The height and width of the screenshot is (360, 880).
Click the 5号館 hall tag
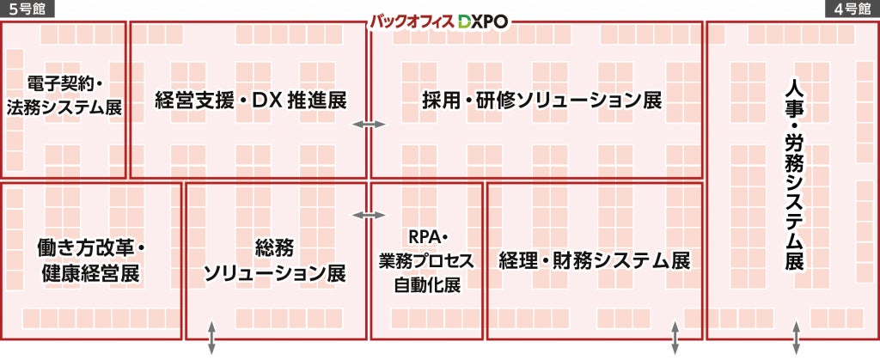(27, 9)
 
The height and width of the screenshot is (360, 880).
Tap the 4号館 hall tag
(852, 9)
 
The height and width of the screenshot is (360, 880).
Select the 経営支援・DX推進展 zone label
(251, 100)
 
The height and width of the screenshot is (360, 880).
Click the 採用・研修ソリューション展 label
(542, 100)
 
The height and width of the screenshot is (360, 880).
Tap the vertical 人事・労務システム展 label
(795, 175)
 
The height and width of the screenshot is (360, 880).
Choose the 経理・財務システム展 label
(595, 260)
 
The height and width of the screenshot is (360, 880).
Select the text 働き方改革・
(90, 247)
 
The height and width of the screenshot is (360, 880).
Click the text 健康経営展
(90, 274)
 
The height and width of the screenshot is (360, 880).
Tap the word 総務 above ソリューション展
(275, 247)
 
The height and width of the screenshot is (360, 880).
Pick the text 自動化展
(427, 285)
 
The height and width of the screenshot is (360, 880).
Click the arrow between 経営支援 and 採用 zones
(369, 125)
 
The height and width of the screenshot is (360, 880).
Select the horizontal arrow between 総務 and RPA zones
(369, 214)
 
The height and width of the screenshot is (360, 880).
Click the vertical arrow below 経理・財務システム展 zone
(675, 338)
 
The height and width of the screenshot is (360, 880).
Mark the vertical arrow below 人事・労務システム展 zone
(797, 338)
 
